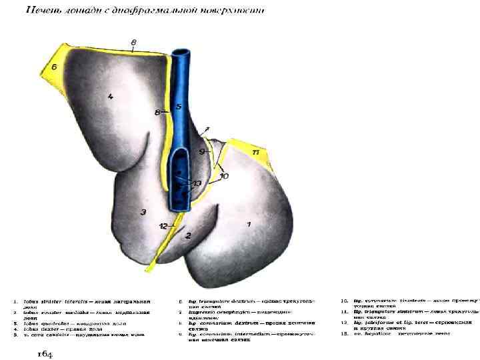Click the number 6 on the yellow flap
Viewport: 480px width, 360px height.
pos(54,67)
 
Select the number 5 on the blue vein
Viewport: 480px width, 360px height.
pos(178,107)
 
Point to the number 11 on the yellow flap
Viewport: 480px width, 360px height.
pos(256,153)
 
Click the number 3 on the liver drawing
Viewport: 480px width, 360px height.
pos(142,212)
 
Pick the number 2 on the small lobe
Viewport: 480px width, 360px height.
pos(188,235)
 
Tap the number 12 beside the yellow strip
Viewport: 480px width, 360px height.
pos(163,226)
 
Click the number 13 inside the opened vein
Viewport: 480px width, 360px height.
pos(197,183)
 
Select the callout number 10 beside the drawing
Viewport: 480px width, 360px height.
pos(224,176)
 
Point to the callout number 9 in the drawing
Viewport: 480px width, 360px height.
pos(203,151)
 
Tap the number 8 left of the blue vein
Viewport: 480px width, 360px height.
pos(157,113)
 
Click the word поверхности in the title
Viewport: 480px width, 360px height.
pos(234,11)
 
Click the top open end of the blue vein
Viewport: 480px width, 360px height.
pos(180,52)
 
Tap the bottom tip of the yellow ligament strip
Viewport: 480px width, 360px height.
pos(149,269)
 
